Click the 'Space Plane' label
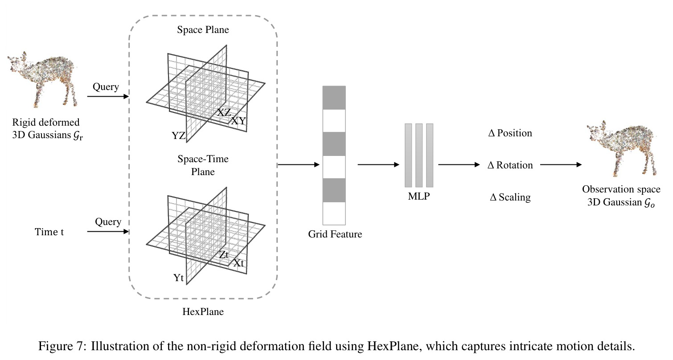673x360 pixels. coord(203,30)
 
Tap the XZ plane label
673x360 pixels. coord(224,113)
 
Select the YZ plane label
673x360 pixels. coord(178,136)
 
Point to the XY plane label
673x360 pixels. coord(238,121)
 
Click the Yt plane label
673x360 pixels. coord(178,278)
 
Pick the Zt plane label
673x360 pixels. coord(224,254)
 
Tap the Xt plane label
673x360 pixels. coord(238,263)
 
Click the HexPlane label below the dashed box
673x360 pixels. coord(203,312)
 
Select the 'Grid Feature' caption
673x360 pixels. coord(335,234)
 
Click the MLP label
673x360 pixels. coord(419,196)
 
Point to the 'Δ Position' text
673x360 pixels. coord(510,133)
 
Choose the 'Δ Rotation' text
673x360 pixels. coord(510,165)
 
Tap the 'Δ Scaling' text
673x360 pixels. coord(510,197)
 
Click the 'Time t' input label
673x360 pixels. coord(49,232)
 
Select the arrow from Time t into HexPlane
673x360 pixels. coord(108,232)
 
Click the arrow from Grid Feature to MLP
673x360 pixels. coord(378,164)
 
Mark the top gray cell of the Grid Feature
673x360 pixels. coord(334,98)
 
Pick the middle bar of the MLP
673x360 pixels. coord(419,155)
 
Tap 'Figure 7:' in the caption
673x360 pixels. coord(62,346)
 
